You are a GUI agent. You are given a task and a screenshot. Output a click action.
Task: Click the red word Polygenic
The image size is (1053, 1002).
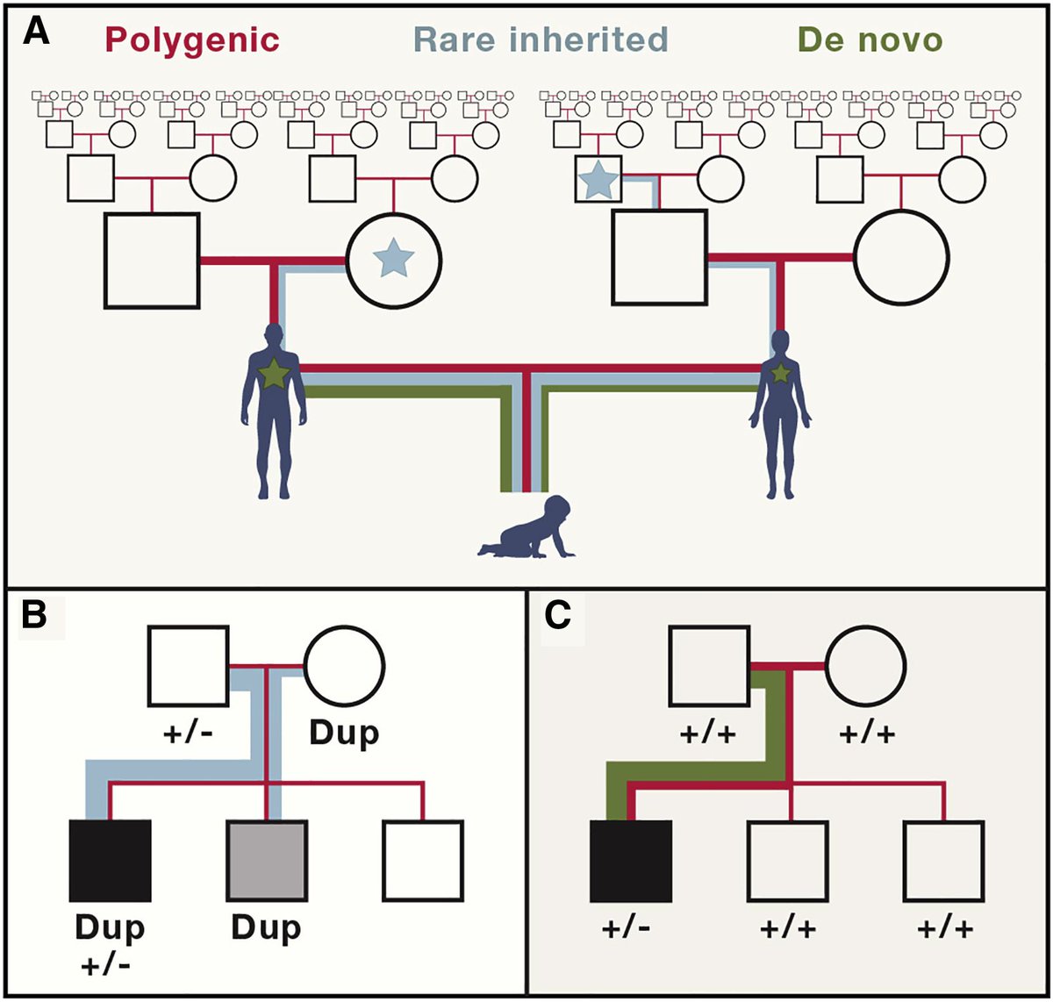(192, 39)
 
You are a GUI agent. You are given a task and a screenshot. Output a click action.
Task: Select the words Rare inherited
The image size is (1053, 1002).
(541, 39)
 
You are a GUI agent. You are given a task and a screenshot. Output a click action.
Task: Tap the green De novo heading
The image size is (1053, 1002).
(870, 39)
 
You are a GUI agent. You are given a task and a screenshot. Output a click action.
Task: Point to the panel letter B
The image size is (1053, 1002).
(34, 616)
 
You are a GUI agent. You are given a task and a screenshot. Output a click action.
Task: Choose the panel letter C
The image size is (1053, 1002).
(557, 616)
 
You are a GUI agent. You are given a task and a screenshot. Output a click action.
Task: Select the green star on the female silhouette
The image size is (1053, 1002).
(780, 373)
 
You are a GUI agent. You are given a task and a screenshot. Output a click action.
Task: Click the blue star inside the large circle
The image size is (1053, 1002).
(392, 260)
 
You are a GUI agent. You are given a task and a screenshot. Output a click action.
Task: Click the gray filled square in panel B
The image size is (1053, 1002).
(267, 861)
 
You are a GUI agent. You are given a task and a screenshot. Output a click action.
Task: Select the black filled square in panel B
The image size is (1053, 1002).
(110, 861)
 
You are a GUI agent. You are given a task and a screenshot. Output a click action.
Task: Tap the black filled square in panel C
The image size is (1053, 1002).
(630, 861)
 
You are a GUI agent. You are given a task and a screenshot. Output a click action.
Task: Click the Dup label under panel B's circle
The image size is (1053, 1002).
(344, 733)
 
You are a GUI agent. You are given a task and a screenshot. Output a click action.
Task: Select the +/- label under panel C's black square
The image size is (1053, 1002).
(627, 929)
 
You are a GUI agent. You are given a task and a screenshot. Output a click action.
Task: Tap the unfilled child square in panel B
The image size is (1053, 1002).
(423, 861)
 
